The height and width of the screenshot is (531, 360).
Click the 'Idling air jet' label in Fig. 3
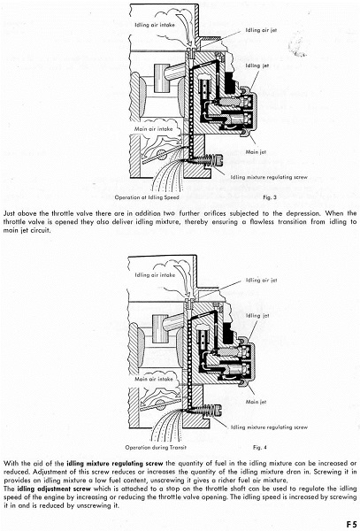[x=261, y=30]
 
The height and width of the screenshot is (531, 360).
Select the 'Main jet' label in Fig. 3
[x=256, y=152]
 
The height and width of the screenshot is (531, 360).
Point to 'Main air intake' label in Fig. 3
[x=153, y=129]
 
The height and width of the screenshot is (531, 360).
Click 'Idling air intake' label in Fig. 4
[x=155, y=275]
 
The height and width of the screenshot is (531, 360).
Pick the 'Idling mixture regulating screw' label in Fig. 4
[x=269, y=427]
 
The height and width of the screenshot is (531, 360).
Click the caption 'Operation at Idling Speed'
[x=147, y=197]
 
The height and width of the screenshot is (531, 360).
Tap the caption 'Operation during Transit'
[x=156, y=447]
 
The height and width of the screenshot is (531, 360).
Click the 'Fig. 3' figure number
[x=267, y=197]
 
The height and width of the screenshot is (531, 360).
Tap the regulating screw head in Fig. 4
[x=218, y=410]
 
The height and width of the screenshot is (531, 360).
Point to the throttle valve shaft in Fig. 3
[x=162, y=154]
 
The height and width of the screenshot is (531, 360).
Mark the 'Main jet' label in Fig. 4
[x=256, y=402]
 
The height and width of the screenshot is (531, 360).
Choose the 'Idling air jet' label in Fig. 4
[x=261, y=280]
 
